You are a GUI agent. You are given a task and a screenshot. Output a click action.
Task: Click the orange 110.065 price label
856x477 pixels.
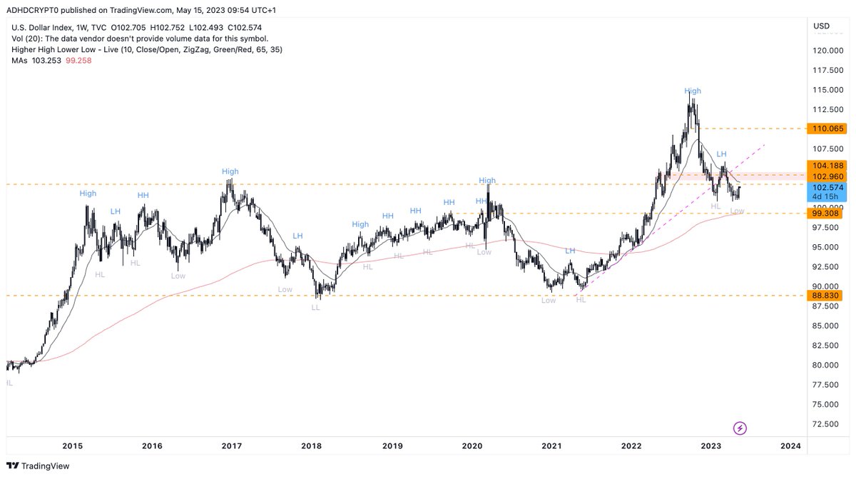coord(824,129)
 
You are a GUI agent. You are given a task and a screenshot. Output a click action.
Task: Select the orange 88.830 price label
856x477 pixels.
coord(824,295)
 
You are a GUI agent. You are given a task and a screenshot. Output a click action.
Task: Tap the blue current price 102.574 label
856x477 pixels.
coord(824,187)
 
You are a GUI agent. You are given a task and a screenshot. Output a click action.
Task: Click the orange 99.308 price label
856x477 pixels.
coord(824,213)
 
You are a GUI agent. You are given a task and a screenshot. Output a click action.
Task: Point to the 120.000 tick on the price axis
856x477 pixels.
coord(829,50)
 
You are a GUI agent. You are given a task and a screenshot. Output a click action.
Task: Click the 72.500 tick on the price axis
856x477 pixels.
coord(827,423)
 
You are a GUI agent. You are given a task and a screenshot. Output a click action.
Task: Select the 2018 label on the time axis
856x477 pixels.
coord(311,446)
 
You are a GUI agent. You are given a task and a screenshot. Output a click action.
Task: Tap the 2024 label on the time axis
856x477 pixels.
coord(790,446)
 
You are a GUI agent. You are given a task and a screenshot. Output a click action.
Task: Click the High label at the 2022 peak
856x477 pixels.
coord(692,91)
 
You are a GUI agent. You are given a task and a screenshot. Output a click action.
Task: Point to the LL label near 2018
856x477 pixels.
coord(315,307)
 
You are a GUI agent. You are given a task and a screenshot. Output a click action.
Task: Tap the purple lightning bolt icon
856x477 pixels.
coord(740,428)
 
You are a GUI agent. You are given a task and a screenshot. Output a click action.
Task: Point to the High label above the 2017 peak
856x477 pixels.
coord(230,171)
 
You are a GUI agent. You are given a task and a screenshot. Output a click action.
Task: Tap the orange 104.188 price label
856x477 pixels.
coord(824,165)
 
